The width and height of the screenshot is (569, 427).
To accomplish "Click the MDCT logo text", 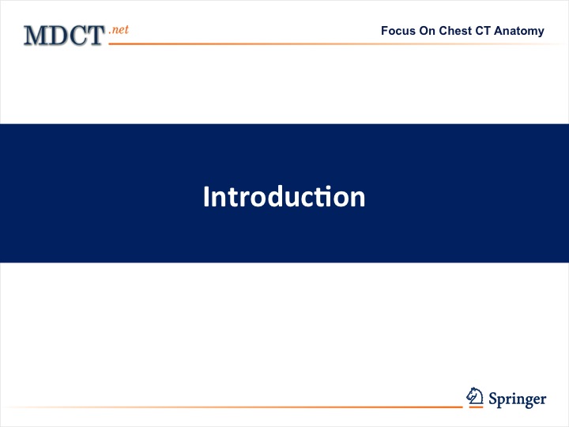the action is coord(65,36).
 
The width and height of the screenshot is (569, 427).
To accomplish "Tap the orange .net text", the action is coord(119,29).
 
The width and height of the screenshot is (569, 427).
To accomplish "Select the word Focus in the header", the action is coord(398,31).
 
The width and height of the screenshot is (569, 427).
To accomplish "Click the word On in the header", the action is coord(428,31).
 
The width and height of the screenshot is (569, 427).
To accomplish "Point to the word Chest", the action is coord(455,31).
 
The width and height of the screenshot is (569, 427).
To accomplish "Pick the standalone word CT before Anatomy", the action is coord(483,31).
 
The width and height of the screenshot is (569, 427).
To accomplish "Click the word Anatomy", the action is coord(519,32).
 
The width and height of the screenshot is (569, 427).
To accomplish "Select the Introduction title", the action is coord(284,196).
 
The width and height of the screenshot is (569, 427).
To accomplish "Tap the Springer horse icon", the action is coord(475,396).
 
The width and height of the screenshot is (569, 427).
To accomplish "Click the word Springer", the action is coord(518,399).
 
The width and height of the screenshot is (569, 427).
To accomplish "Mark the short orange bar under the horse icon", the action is coord(476,407).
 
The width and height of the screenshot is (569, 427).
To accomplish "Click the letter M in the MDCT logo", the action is coord(36,36).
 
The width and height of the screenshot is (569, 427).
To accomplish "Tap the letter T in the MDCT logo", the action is coord(96,36).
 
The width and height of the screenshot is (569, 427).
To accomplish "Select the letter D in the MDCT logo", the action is coord(57,36).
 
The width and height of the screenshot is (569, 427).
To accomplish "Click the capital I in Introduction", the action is coord(206,196).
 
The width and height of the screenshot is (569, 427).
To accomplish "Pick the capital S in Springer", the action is coord(493,399).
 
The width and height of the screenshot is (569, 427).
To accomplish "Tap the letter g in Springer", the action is coord(526,402).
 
